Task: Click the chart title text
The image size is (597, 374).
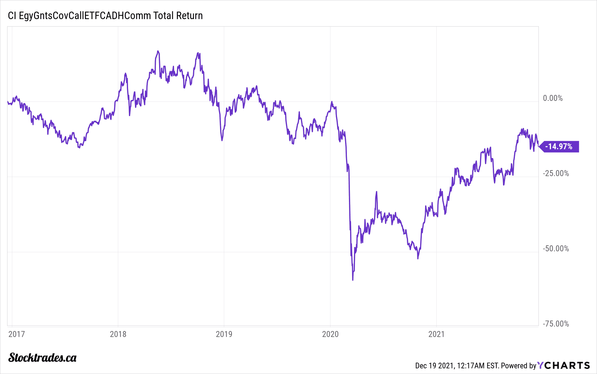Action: click(105, 16)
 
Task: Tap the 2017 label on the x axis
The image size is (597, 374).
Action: click(17, 334)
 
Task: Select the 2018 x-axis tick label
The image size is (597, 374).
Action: click(118, 334)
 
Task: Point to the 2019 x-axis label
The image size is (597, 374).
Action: click(224, 334)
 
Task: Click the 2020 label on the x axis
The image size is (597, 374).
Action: click(330, 334)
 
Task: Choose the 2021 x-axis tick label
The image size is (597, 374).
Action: click(436, 334)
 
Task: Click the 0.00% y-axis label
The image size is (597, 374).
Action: click(553, 98)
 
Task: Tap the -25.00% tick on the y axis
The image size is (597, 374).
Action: click(556, 173)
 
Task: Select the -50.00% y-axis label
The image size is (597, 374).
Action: click(556, 249)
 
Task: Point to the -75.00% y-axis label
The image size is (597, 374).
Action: click(556, 324)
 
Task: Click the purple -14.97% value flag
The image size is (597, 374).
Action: click(559, 147)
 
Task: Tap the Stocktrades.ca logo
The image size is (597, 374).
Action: click(42, 358)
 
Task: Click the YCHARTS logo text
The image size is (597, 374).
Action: click(564, 365)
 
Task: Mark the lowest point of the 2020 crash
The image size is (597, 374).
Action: click(353, 280)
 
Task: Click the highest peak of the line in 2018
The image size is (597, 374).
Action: click(158, 51)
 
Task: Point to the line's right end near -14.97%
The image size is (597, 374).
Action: click(538, 146)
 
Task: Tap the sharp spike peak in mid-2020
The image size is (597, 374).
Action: click(376, 192)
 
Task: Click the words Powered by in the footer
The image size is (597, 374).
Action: click(518, 366)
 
